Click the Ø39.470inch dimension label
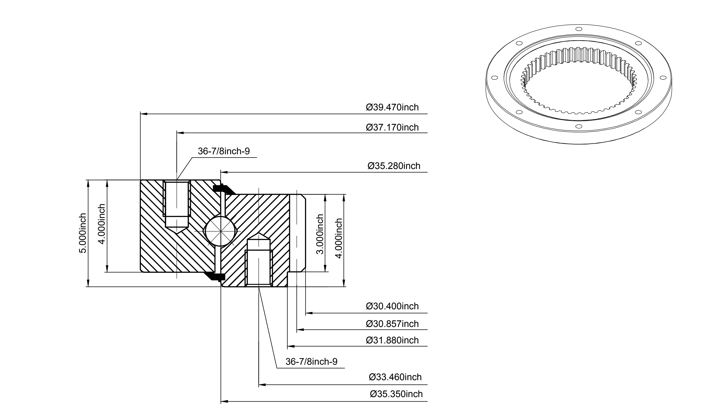click(x=392, y=107)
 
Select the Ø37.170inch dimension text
click(x=392, y=127)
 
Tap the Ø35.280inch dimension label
click(x=394, y=166)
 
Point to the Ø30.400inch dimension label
click(x=392, y=306)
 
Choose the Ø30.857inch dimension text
click(x=392, y=324)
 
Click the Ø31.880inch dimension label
click(x=392, y=340)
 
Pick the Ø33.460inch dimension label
click(x=395, y=377)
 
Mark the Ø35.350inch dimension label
click(x=396, y=394)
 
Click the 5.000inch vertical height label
click(x=83, y=233)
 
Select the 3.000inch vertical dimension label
click(x=320, y=234)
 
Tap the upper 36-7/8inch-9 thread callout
click(x=224, y=151)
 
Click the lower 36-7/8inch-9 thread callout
click(x=311, y=362)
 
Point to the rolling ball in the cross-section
click(x=221, y=231)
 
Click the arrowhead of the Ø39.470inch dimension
click(x=143, y=114)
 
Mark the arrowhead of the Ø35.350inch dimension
click(x=225, y=402)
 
